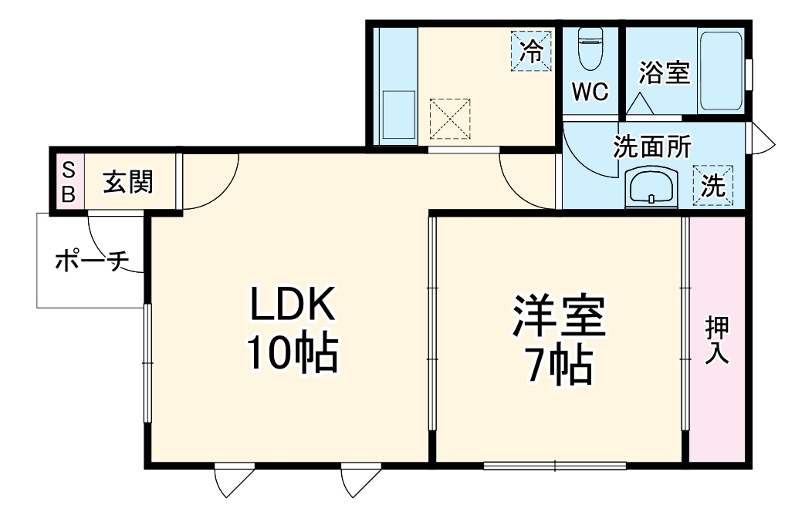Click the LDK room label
pos(292,305)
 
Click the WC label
pos(590,92)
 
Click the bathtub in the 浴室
pos(721,71)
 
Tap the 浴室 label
pos(664,73)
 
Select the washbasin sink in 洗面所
pos(652,187)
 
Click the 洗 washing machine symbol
pos(713,186)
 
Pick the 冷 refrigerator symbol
pos(532,51)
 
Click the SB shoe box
pos(68,182)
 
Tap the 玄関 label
pos(129,182)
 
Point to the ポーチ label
pos(91,262)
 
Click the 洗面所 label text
pos(652,146)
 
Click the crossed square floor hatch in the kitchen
pos(449,118)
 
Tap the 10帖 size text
pos(292,353)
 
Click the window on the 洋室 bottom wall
pos(555,465)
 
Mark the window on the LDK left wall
pos(147,363)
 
